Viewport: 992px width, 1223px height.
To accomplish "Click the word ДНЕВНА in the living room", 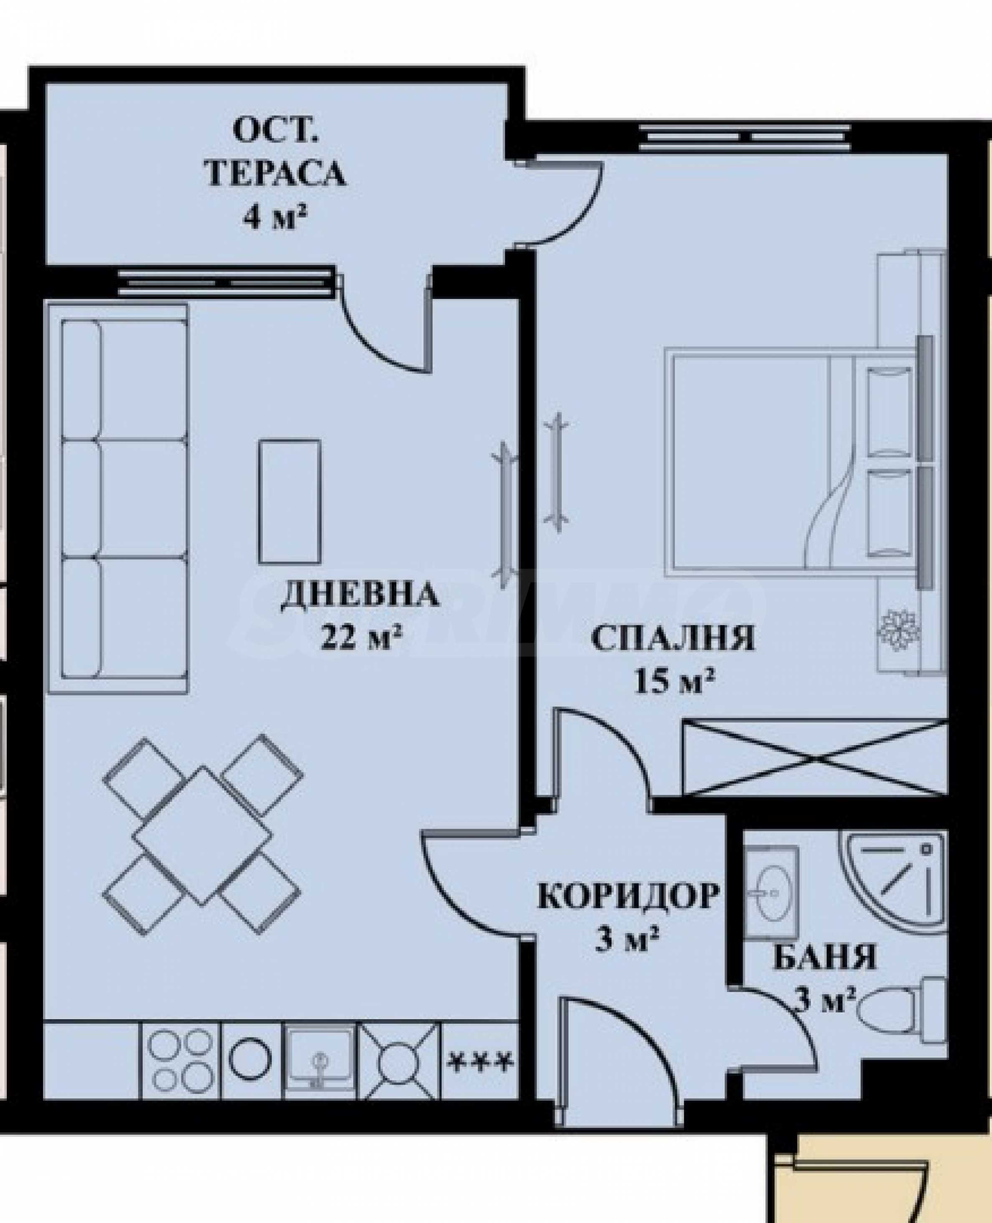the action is pos(360,595).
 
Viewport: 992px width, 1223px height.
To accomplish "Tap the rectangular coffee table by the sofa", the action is pos(290,501).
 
